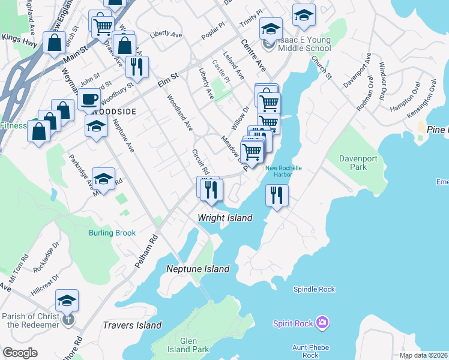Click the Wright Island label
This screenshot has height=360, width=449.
point(226,218)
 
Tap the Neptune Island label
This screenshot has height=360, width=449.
point(198,269)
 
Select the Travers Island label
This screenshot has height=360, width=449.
point(133,325)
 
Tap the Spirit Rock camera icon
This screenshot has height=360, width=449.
point(323,323)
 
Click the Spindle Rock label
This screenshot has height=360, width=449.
point(314,289)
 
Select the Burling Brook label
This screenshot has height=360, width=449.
point(112,233)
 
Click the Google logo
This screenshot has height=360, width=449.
point(20,353)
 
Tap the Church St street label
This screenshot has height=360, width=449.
point(321,67)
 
